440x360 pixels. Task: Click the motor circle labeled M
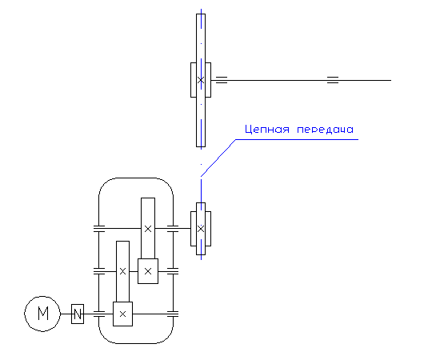tap(42, 314)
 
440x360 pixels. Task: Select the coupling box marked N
tap(78, 314)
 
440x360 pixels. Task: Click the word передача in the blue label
tap(325, 130)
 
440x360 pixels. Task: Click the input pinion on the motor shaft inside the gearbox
tap(122, 314)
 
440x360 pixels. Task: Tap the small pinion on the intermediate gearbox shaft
tap(148, 271)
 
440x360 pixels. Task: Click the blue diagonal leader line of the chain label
tap(218, 158)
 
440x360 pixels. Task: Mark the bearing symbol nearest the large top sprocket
tap(222, 80)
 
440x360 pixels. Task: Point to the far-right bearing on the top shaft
tap(333, 80)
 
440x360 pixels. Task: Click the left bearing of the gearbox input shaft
tap(98, 314)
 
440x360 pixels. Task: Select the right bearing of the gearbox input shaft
tap(173, 314)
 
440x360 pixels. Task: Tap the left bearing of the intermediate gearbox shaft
tap(98, 271)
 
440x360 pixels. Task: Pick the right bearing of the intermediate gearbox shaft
tap(173, 271)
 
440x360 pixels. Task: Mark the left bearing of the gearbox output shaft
tap(98, 229)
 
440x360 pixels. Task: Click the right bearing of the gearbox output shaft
tap(173, 229)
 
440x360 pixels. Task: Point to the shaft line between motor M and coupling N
tap(66, 314)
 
